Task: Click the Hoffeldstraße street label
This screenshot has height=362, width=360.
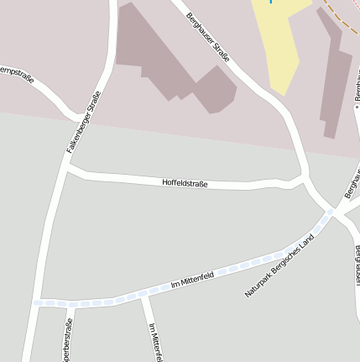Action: (185, 182)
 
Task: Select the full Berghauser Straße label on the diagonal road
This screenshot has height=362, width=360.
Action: (208, 37)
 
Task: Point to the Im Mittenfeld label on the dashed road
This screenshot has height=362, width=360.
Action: (194, 280)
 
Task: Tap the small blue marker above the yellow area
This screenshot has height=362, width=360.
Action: (271, 2)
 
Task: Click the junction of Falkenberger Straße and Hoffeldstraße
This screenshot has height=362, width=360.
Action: (67, 168)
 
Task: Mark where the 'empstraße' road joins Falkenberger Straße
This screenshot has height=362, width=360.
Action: (84, 115)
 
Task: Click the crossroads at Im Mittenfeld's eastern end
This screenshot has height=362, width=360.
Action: (334, 212)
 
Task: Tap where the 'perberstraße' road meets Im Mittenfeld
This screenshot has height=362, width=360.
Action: (71, 304)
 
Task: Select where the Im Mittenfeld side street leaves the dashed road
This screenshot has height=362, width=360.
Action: (143, 295)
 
